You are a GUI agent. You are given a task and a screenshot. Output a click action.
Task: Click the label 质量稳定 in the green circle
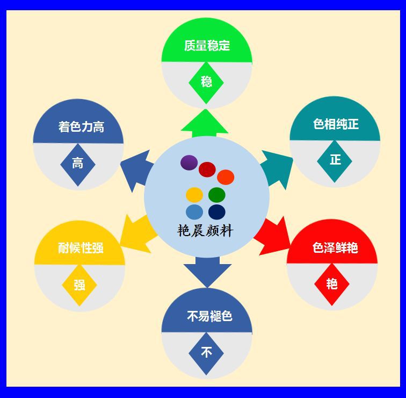(207, 46)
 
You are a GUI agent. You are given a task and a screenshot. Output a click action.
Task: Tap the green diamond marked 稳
(206, 82)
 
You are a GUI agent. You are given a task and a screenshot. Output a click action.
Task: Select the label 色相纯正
(336, 124)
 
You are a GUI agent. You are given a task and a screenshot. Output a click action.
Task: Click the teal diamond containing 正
(335, 160)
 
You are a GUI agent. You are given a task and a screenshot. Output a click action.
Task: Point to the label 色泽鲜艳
(335, 248)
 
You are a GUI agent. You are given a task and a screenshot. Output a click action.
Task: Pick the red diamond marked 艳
(332, 283)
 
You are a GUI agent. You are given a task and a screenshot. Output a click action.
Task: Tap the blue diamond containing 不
(206, 353)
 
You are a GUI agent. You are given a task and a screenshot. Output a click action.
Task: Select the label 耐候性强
(81, 248)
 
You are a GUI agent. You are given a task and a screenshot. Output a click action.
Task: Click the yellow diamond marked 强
(79, 285)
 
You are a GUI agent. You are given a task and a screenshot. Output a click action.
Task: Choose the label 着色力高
(81, 127)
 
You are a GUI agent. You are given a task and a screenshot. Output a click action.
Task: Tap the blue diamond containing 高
(78, 164)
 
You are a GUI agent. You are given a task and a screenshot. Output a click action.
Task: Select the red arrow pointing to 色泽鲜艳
(272, 236)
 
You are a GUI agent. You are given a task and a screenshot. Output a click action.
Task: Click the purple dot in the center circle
(189, 162)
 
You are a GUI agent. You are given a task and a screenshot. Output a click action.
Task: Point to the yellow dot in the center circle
(194, 194)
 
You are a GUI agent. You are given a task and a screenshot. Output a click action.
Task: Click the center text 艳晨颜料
(206, 231)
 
